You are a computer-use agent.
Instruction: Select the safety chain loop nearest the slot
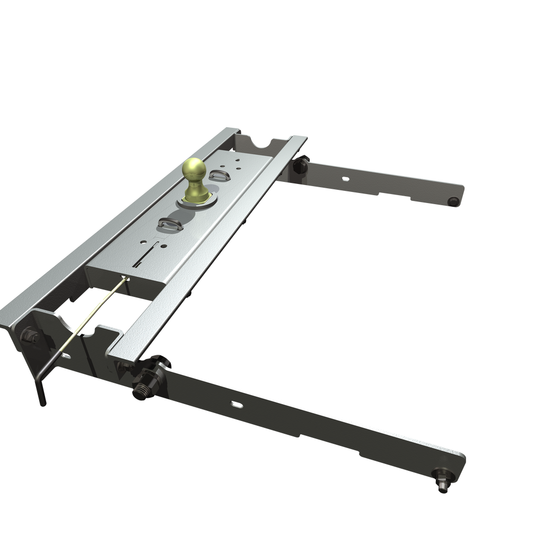pyautogui.click(x=170, y=225)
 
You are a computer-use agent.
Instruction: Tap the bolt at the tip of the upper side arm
pyautogui.click(x=453, y=201)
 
